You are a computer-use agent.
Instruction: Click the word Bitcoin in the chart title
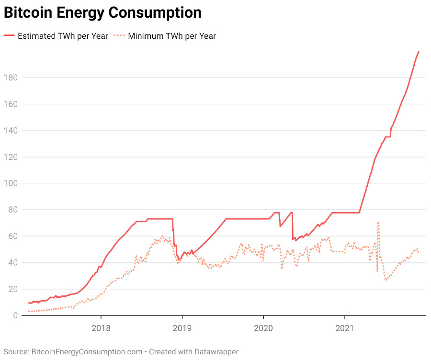(28, 12)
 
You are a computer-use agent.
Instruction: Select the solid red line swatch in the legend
(9, 35)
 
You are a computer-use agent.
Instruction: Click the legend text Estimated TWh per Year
(63, 36)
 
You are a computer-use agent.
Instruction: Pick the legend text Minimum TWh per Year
(172, 36)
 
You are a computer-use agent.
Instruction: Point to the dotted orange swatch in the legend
(119, 35)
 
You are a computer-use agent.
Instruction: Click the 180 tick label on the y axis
(11, 78)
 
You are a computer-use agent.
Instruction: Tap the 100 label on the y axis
(11, 183)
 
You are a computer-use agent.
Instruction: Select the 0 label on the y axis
(15, 315)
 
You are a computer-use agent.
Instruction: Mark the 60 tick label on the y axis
(13, 236)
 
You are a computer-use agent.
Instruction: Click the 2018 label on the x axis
(101, 328)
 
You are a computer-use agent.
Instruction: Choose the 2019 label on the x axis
(182, 328)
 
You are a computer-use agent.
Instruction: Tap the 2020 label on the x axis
(263, 328)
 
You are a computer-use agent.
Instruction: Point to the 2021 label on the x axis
(345, 328)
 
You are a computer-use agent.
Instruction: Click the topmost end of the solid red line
(419, 51)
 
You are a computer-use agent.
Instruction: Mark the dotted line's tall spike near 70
(378, 223)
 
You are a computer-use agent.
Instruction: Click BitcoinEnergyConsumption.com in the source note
(87, 352)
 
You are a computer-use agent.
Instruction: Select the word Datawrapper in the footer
(216, 352)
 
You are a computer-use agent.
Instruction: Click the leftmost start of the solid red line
(29, 303)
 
